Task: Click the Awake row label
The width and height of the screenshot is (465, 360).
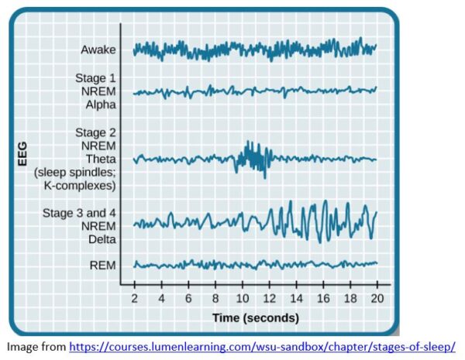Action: (x=98, y=50)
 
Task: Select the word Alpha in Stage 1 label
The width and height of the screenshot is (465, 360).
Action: (x=98, y=106)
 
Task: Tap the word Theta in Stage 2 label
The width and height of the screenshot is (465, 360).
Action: (x=98, y=158)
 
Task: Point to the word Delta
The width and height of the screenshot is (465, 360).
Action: (x=98, y=238)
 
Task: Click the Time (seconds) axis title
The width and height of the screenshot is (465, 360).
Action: (x=256, y=317)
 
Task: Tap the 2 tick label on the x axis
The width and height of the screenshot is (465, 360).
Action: (x=135, y=298)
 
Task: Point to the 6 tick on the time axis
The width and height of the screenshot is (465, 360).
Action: (x=188, y=298)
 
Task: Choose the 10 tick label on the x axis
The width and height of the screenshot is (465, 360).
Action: (x=243, y=298)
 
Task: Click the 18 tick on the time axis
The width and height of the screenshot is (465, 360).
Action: (x=350, y=298)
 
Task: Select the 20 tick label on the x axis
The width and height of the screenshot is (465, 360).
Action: (x=377, y=298)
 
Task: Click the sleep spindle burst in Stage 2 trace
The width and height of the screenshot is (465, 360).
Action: (x=252, y=158)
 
